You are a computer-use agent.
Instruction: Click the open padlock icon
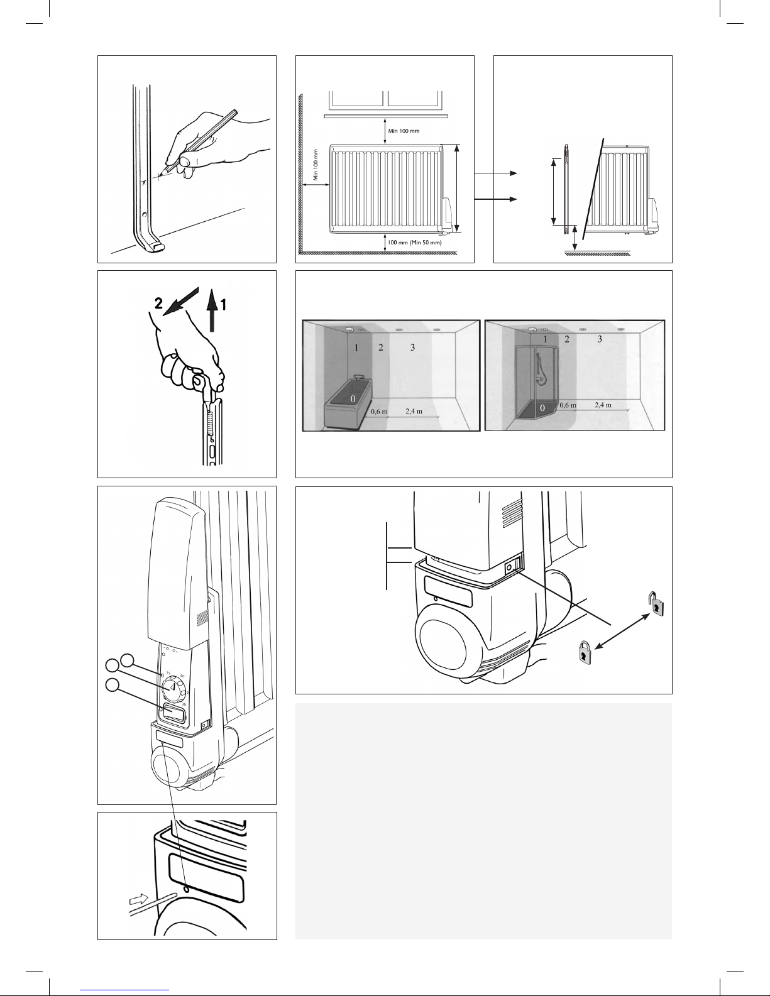(x=656, y=604)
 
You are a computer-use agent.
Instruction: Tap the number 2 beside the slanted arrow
(x=158, y=303)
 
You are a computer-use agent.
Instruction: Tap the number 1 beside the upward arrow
(x=223, y=304)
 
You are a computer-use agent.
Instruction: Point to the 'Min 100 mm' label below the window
(x=404, y=131)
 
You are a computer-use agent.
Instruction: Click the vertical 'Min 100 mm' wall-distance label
(x=316, y=165)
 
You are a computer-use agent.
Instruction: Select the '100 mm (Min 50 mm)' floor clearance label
(x=415, y=243)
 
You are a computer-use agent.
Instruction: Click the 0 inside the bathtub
(x=353, y=399)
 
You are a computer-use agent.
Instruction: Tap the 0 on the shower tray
(x=542, y=407)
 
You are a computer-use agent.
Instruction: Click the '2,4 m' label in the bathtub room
(x=414, y=411)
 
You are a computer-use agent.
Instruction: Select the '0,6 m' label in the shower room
(x=568, y=405)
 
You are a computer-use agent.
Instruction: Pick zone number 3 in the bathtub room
(x=412, y=348)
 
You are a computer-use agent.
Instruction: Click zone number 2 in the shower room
(x=567, y=339)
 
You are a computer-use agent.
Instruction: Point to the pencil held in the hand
(x=199, y=141)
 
